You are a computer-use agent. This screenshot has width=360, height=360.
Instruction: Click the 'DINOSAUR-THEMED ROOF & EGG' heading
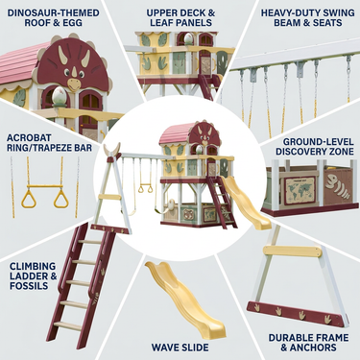[53, 18]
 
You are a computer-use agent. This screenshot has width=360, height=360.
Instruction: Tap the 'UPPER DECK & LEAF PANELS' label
[180, 18]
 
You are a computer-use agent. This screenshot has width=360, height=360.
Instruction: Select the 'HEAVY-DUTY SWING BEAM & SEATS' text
[307, 18]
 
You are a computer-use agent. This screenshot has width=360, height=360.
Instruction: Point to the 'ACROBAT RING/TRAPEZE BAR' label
[49, 143]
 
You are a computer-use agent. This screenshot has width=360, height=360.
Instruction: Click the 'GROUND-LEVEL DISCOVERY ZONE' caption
[315, 147]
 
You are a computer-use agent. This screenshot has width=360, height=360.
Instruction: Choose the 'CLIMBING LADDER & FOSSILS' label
[33, 276]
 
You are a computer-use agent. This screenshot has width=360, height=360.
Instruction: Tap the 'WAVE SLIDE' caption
[180, 348]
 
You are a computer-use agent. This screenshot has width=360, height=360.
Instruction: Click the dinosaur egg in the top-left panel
[59, 96]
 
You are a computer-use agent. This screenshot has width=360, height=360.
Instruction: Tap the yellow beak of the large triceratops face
[74, 84]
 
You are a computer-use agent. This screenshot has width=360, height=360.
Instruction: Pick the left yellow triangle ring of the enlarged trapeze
[29, 199]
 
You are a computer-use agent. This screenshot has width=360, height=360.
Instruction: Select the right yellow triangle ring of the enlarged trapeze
[60, 199]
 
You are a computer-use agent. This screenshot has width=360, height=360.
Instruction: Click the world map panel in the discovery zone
[300, 190]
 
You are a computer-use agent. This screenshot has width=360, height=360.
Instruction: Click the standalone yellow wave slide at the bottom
[185, 300]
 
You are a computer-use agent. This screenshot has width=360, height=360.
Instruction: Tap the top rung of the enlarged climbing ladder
[90, 242]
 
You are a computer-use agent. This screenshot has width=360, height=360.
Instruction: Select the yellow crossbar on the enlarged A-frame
[290, 252]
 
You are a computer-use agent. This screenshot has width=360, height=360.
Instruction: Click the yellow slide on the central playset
[246, 203]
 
